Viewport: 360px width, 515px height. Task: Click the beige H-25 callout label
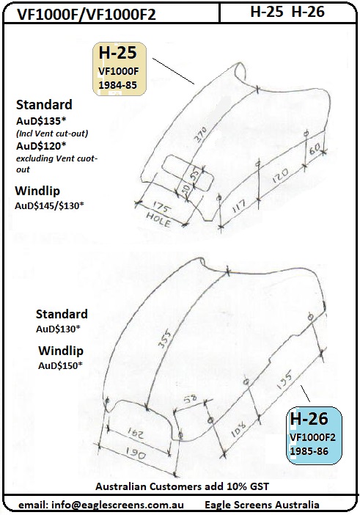120,69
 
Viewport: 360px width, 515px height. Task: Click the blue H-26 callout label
314,435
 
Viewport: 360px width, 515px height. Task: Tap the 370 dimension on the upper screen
200,134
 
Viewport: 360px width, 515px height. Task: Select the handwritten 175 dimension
162,208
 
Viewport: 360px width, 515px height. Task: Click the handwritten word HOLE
158,220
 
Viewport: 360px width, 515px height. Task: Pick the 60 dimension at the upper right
315,149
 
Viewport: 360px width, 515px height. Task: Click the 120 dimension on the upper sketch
280,175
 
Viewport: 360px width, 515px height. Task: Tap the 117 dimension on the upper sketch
239,208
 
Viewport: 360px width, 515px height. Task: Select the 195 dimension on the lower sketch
284,379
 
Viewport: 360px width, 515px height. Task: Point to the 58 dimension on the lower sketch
190,399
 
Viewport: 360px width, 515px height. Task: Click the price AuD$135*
41,121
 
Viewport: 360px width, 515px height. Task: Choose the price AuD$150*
60,365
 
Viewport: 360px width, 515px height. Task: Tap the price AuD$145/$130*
49,205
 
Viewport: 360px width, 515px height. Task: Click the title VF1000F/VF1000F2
86,14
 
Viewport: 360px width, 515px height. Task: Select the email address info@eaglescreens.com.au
100,505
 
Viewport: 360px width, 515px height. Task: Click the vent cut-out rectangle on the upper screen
189,172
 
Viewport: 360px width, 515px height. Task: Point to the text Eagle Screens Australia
262,505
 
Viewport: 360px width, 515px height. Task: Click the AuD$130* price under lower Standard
58,329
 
